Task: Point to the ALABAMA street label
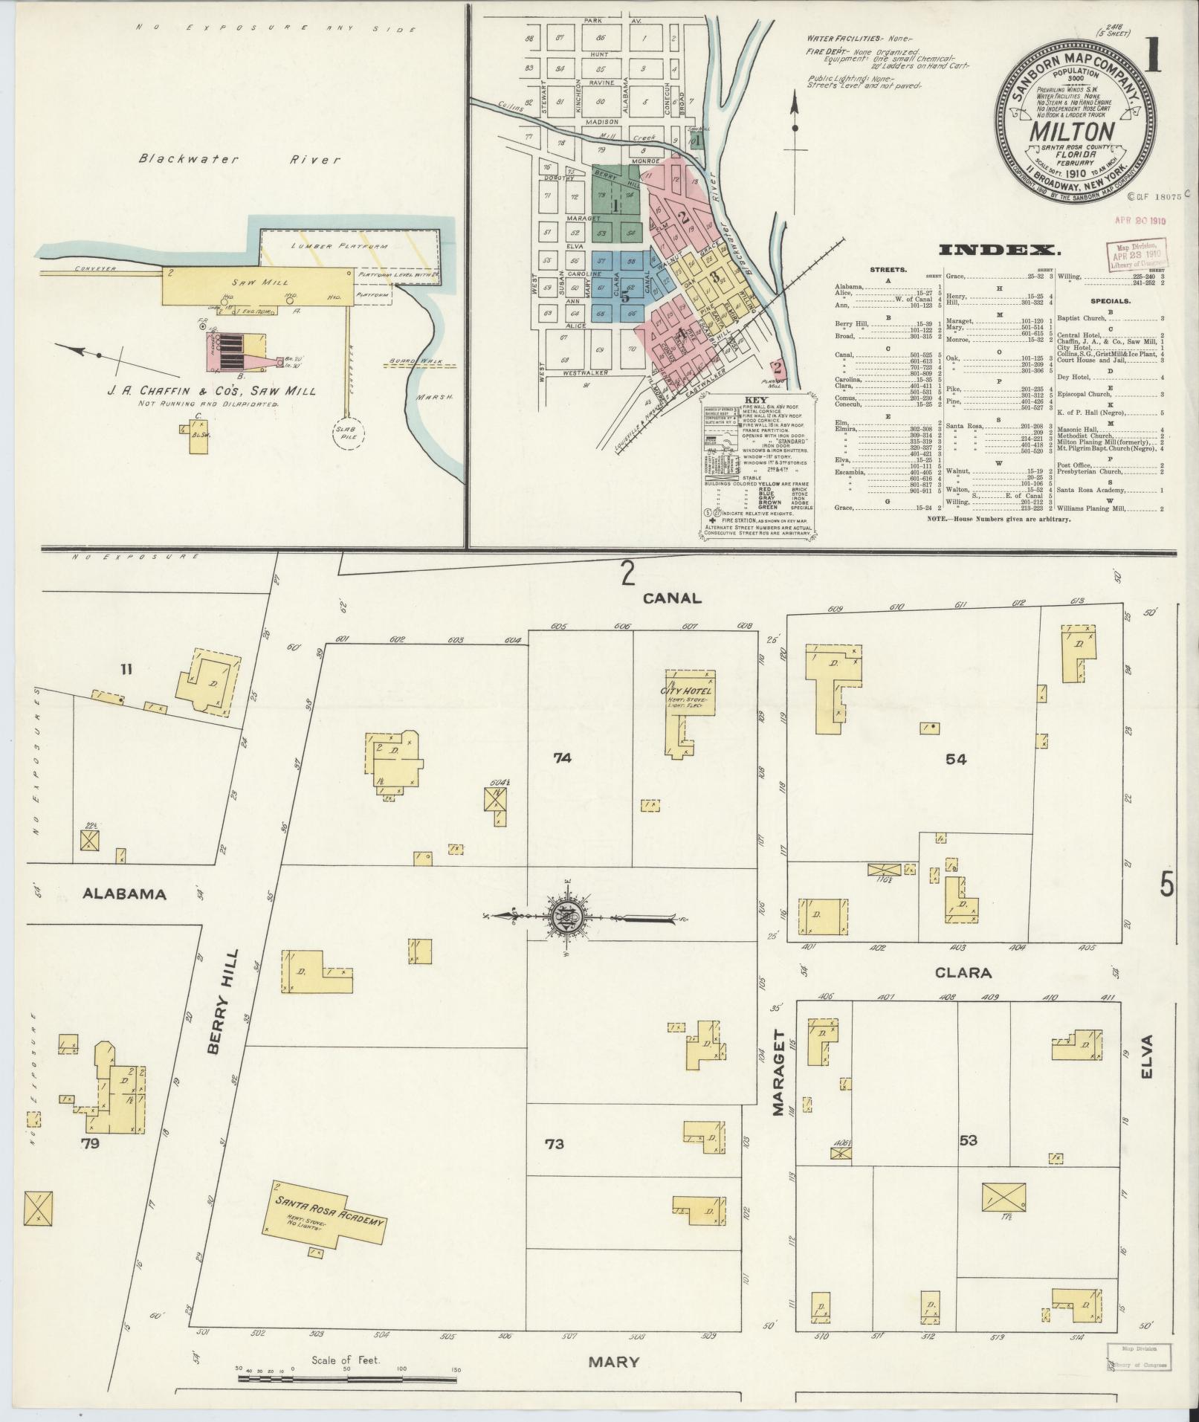point(124,894)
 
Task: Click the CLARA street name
point(963,972)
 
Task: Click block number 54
point(955,759)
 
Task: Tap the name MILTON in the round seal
point(1071,132)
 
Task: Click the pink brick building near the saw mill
point(236,351)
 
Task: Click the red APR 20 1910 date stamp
point(1138,220)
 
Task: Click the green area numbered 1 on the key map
point(617,203)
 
